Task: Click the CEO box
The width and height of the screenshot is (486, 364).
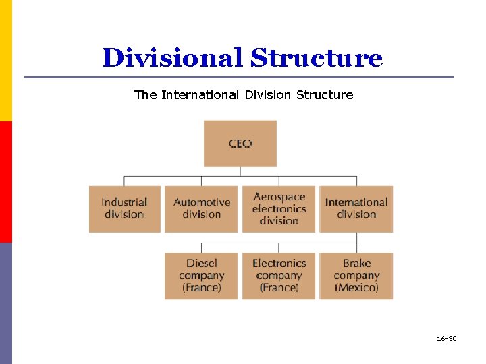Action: point(240,143)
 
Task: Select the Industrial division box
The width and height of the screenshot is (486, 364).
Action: point(124,208)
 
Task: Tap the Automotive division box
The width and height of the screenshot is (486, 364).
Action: point(201,208)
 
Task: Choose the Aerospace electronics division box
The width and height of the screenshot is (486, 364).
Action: point(279,208)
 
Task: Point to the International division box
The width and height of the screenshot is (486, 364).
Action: point(356,208)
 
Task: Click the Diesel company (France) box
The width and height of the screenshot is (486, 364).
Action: point(201,275)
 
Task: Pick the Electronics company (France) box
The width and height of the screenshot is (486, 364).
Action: point(279,275)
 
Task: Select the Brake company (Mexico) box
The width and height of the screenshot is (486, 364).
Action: point(356,275)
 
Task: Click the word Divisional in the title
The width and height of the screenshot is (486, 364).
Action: point(172,58)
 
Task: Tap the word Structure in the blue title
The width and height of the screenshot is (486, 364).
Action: point(317,58)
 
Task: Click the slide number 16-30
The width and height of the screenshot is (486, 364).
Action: point(446,338)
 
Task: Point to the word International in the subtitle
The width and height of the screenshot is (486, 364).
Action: point(200,95)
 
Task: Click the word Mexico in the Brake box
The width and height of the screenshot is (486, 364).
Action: point(356,288)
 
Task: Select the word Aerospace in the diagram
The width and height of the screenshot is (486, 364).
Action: point(279,197)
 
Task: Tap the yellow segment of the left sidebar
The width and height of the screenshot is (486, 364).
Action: point(5,61)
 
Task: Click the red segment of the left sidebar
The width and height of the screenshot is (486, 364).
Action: point(5,182)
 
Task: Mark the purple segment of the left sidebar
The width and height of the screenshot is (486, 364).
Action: point(5,303)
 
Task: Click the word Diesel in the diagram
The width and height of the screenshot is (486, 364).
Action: point(202,264)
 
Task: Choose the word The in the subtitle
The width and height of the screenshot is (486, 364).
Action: point(145,95)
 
